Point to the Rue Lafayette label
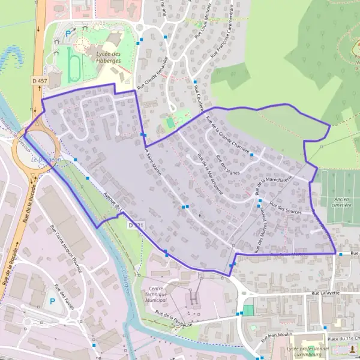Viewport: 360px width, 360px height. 326,293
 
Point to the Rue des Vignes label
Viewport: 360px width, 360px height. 226,165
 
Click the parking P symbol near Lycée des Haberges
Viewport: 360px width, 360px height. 68,34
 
